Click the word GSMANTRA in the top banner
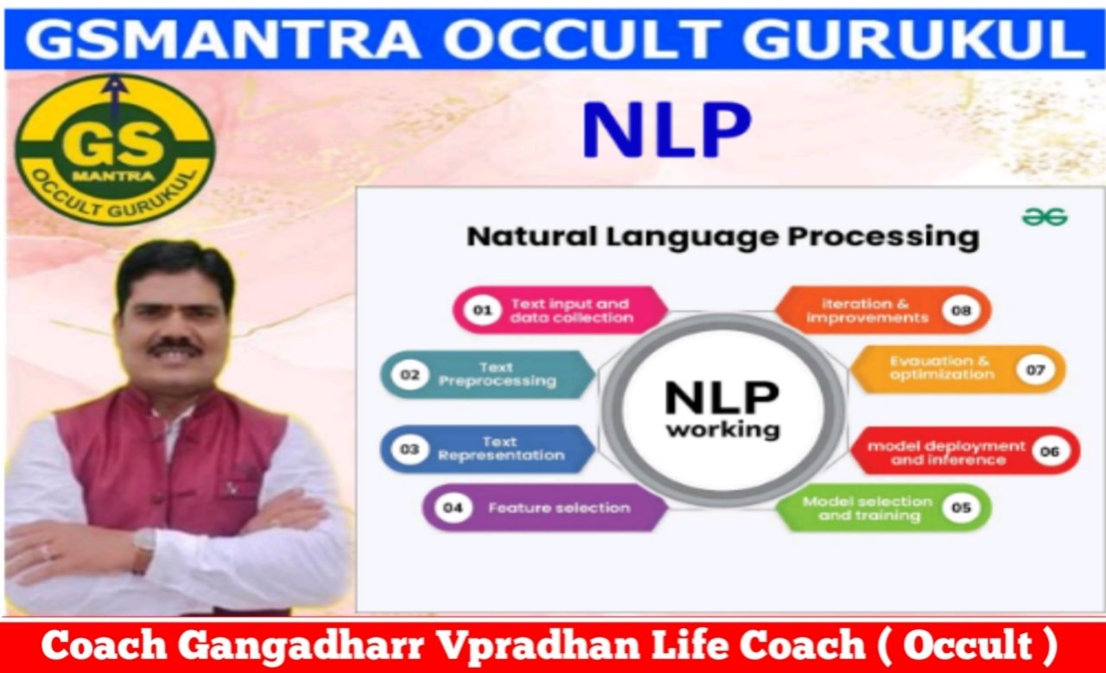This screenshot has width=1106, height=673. point(223,39)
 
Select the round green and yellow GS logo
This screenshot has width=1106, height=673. point(115,150)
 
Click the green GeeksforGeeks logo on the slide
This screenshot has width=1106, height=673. point(1045,217)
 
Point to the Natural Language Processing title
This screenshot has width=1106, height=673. point(723,237)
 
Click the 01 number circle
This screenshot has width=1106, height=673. point(482,310)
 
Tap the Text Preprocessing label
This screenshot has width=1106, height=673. point(497,374)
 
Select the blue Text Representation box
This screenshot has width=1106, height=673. point(488,449)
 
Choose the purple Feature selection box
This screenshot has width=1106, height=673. point(545,508)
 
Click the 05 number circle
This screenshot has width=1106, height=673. point(961,508)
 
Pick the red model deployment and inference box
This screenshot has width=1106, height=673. point(965,451)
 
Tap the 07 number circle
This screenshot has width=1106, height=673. point(1035,370)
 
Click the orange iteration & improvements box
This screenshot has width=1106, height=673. point(883,310)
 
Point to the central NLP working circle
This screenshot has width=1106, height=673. point(723,410)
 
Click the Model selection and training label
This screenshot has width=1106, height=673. point(868,508)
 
